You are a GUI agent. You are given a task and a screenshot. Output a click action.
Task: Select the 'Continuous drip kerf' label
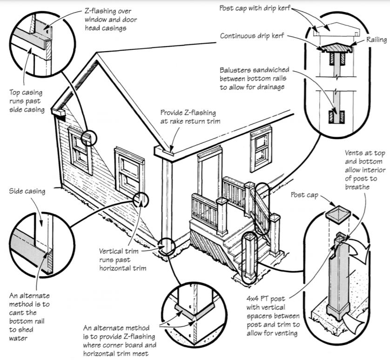(x=255, y=35)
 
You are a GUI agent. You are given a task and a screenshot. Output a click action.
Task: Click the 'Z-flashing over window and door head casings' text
(x=108, y=18)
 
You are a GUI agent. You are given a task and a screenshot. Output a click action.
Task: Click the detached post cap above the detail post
(x=338, y=214)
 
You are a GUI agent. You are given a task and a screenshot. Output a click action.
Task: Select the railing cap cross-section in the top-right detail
(x=335, y=48)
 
